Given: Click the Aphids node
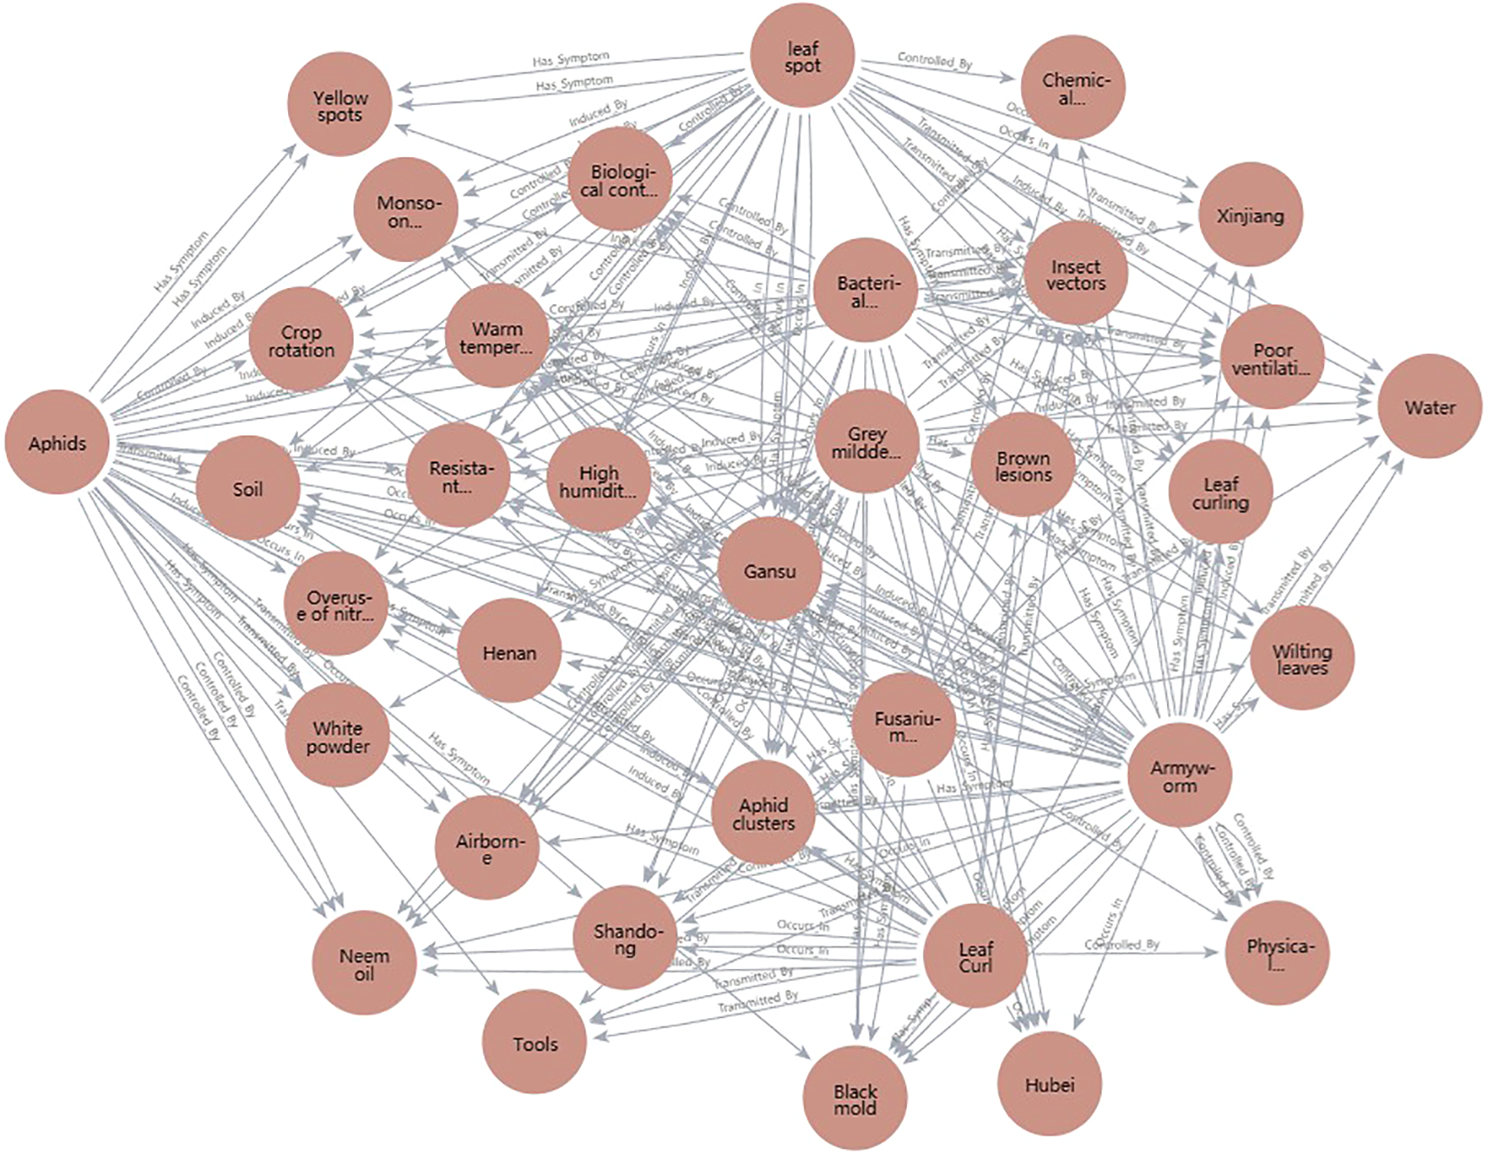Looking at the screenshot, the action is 57,443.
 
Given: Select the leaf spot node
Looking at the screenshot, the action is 802,56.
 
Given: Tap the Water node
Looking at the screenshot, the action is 1429,407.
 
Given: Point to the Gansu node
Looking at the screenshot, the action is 769,570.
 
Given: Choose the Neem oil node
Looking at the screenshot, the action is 364,963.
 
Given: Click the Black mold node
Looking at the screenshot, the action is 855,1099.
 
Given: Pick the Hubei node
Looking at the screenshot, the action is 1049,1084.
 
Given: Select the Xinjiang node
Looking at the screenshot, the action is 1250,215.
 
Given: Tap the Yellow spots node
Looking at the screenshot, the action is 339,105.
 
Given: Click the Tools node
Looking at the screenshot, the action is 535,1043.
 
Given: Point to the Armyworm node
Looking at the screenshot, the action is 1179,776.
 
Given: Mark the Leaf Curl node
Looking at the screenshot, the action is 975,956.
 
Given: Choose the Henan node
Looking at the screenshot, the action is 509,652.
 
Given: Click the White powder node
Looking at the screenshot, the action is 338,736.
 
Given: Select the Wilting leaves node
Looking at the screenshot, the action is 1302,658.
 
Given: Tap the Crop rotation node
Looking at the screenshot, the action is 301,340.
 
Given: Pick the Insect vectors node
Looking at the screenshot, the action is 1075,274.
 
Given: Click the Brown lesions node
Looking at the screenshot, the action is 1023,465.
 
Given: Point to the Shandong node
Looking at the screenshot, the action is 625,938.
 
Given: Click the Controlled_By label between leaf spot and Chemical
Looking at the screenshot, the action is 935,60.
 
